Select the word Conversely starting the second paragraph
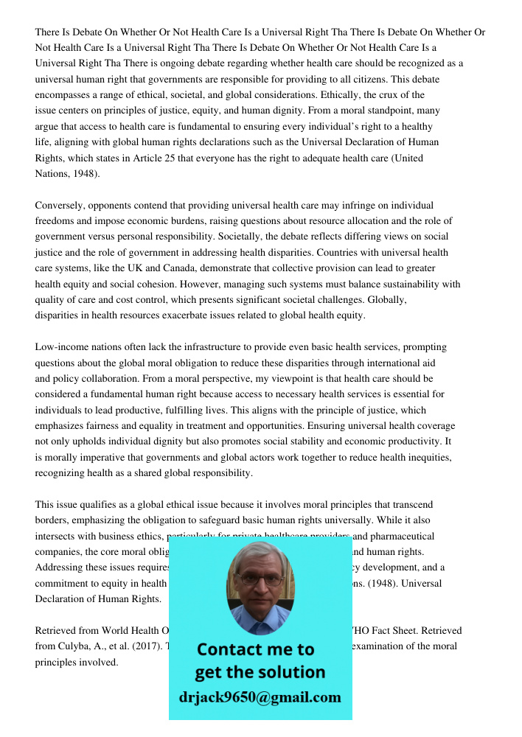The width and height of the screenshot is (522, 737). [60, 205]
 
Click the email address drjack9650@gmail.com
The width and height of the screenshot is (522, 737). [260, 697]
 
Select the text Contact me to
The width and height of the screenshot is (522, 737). [255, 649]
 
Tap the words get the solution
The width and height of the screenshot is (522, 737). [260, 672]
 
